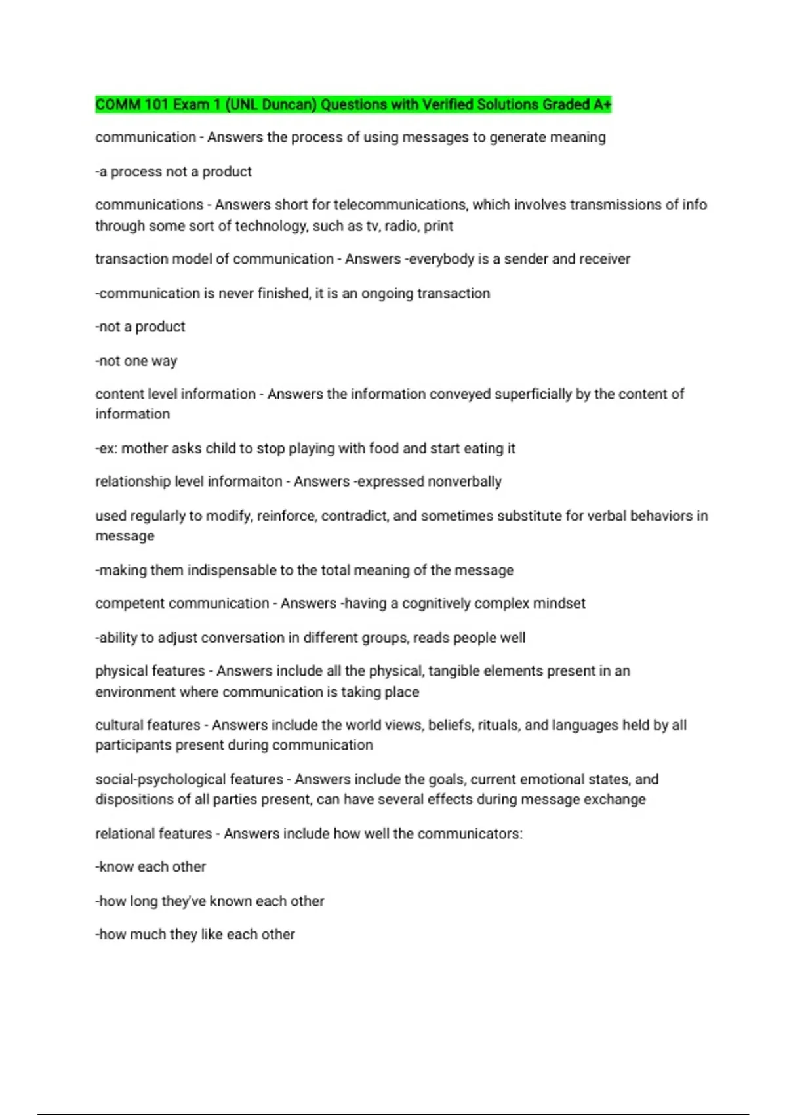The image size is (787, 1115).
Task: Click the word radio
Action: tap(402, 226)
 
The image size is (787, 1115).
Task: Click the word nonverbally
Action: tap(464, 481)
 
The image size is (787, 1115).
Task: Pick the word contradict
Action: tap(353, 516)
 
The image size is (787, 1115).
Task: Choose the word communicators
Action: tap(470, 834)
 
